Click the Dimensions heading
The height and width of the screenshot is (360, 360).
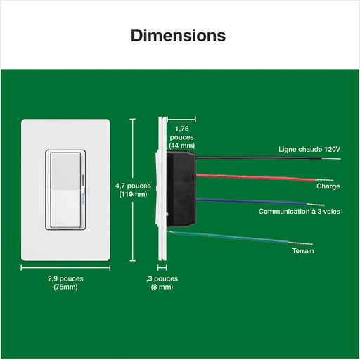[179, 36]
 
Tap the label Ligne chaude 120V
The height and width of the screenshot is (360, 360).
[309, 149]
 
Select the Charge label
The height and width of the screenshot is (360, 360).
[328, 186]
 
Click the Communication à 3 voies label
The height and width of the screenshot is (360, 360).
[300, 212]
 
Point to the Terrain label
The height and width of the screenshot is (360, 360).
[303, 251]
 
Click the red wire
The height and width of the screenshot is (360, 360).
[256, 178]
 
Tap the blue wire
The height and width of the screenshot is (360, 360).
[251, 201]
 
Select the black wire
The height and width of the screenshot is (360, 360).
[259, 157]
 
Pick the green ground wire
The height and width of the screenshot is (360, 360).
[230, 237]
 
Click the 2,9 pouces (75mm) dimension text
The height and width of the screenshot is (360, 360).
[65, 283]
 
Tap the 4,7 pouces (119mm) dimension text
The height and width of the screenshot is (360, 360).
[133, 190]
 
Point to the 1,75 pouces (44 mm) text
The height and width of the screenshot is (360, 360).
[182, 137]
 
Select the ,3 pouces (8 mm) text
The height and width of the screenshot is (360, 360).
[162, 283]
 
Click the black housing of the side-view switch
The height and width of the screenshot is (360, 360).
[181, 188]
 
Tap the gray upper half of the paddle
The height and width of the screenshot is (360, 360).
[65, 172]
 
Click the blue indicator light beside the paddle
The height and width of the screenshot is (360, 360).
[82, 196]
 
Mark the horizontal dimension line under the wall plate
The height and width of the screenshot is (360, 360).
[65, 268]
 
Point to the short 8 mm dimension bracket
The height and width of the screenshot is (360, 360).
[162, 267]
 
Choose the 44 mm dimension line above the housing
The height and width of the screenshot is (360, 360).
[181, 120]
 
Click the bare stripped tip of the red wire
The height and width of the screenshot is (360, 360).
[325, 180]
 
